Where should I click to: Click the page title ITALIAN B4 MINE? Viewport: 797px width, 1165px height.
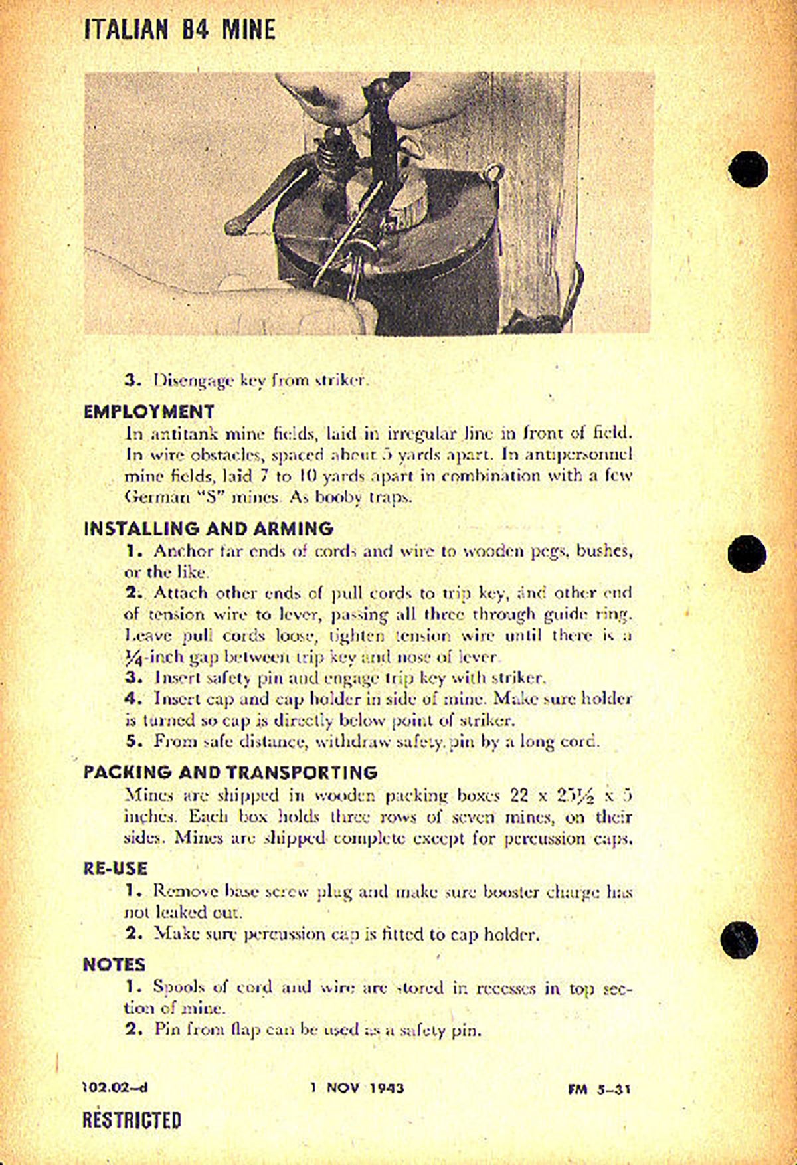(x=179, y=30)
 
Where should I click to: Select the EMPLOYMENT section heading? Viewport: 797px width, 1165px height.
(x=149, y=411)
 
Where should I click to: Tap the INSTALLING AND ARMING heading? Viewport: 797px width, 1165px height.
(x=208, y=529)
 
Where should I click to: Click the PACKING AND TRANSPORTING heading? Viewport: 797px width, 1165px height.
(x=230, y=772)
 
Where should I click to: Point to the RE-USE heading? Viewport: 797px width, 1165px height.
(x=115, y=869)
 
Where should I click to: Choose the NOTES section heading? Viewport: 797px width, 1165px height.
(x=114, y=964)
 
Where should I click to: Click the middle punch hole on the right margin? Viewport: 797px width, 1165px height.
(x=747, y=552)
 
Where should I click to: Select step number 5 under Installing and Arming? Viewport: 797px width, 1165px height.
(x=132, y=741)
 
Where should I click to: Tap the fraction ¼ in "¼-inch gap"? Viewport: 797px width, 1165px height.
(x=135, y=657)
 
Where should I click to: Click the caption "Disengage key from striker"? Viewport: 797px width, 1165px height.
(x=259, y=381)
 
